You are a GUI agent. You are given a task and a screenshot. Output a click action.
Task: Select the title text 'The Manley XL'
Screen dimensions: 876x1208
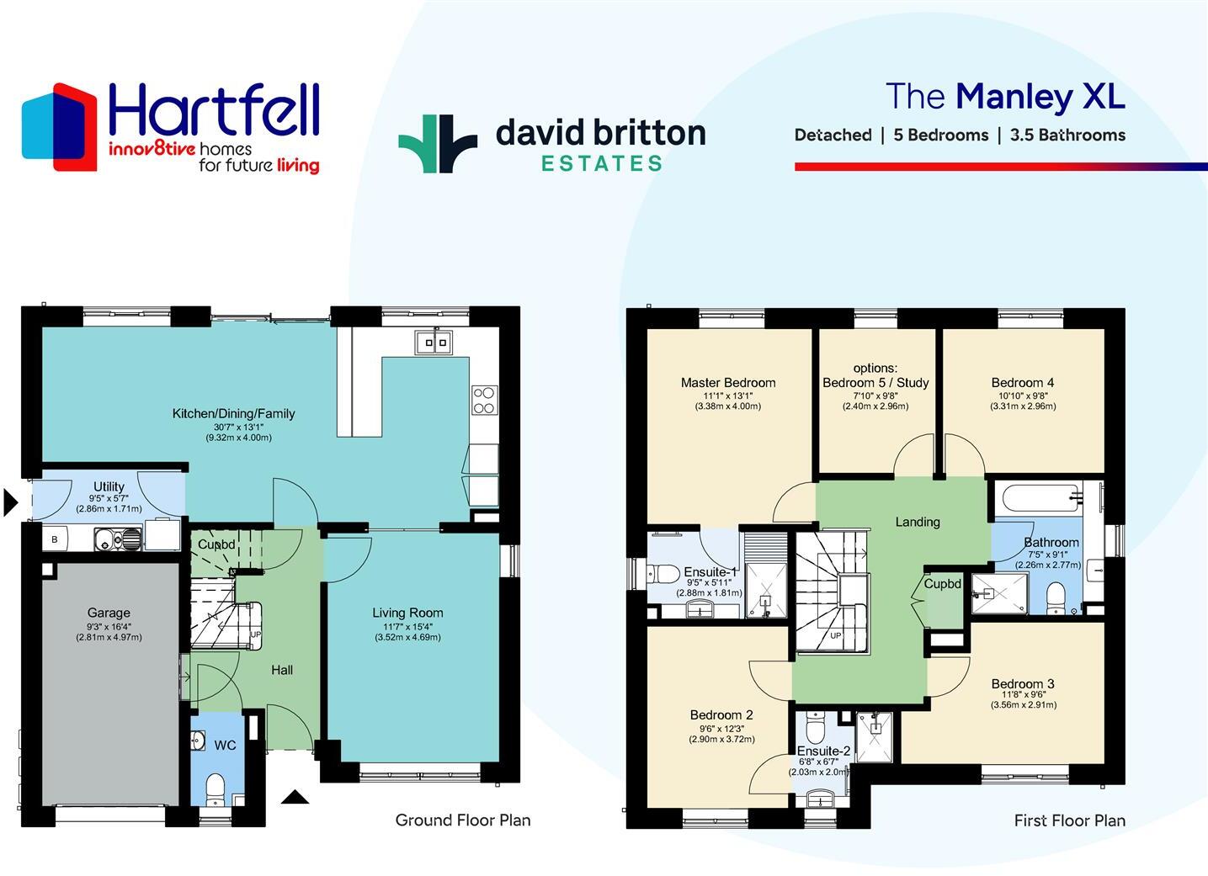coord(1005,96)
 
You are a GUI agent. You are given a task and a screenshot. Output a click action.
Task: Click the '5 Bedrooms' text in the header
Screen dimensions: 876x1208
coord(940,135)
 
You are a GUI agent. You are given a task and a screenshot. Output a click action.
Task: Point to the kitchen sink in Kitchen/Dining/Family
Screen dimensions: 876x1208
coord(434,342)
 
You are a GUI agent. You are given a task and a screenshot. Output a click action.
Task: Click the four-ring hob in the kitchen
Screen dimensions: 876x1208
coord(484,400)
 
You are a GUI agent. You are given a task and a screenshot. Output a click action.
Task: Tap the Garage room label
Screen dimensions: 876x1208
coord(109,613)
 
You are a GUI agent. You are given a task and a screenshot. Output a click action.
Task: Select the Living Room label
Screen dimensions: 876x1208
coord(407,613)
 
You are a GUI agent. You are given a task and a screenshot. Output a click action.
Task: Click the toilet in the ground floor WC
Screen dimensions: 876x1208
coord(216,788)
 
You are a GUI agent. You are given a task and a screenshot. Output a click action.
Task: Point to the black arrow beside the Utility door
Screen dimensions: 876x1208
coord(10,502)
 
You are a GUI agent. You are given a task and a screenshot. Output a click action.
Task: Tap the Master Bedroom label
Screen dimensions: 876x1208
coord(728,383)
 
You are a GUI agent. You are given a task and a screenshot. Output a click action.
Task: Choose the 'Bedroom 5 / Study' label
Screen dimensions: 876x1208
coord(875,383)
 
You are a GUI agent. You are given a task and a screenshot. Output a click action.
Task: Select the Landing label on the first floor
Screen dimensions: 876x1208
coord(918,522)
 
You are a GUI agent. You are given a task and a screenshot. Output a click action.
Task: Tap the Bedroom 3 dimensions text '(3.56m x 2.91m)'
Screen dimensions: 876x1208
coord(1023,705)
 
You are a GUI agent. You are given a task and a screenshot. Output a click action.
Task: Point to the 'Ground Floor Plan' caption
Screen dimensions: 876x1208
coord(463,820)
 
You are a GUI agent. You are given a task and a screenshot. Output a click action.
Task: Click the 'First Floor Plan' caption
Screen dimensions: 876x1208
coord(1069,820)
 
